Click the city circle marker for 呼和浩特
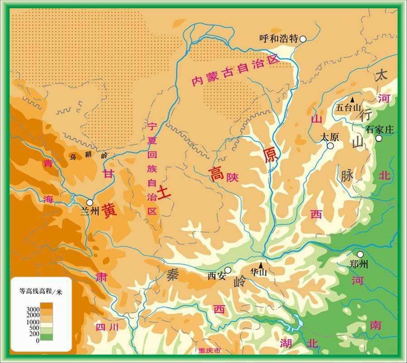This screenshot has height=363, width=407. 303,39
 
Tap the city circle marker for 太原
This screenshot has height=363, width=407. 331,146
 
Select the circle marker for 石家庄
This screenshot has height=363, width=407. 379,138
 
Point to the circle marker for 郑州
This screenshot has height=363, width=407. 360,255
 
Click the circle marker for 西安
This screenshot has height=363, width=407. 228,270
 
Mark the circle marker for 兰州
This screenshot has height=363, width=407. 90,202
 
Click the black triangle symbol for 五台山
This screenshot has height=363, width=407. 352,99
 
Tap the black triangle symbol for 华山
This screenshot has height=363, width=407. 261,265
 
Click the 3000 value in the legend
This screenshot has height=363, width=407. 34,309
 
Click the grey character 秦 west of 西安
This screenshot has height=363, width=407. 172,274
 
